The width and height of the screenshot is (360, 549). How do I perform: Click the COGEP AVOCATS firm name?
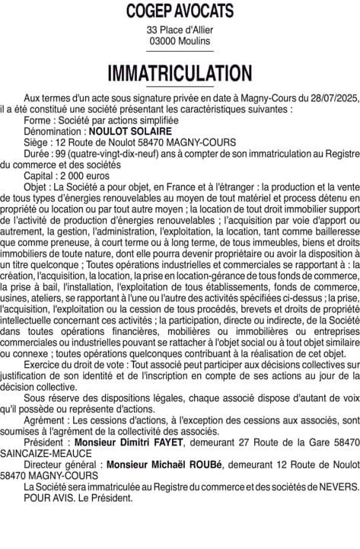point(180,11)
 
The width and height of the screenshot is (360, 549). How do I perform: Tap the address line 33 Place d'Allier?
point(180,30)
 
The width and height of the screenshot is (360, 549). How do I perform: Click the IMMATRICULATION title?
point(180,73)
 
